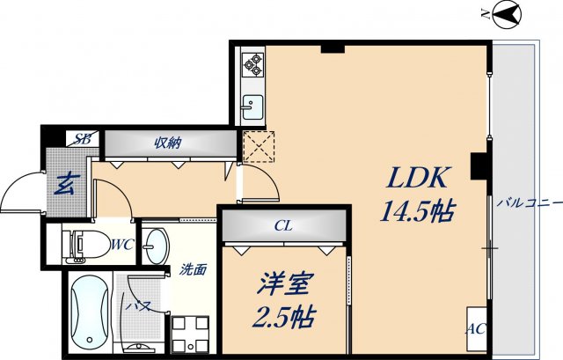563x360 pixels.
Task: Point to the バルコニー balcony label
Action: pos(528,202)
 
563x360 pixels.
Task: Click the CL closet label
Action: pos(282,226)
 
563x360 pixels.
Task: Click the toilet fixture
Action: pos(80,244)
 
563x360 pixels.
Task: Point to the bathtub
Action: pos(87,312)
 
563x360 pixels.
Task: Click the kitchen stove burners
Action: pos(252,62)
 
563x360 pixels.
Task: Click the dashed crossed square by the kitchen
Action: pos(259,147)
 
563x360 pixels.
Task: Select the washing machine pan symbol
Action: pos(191,333)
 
